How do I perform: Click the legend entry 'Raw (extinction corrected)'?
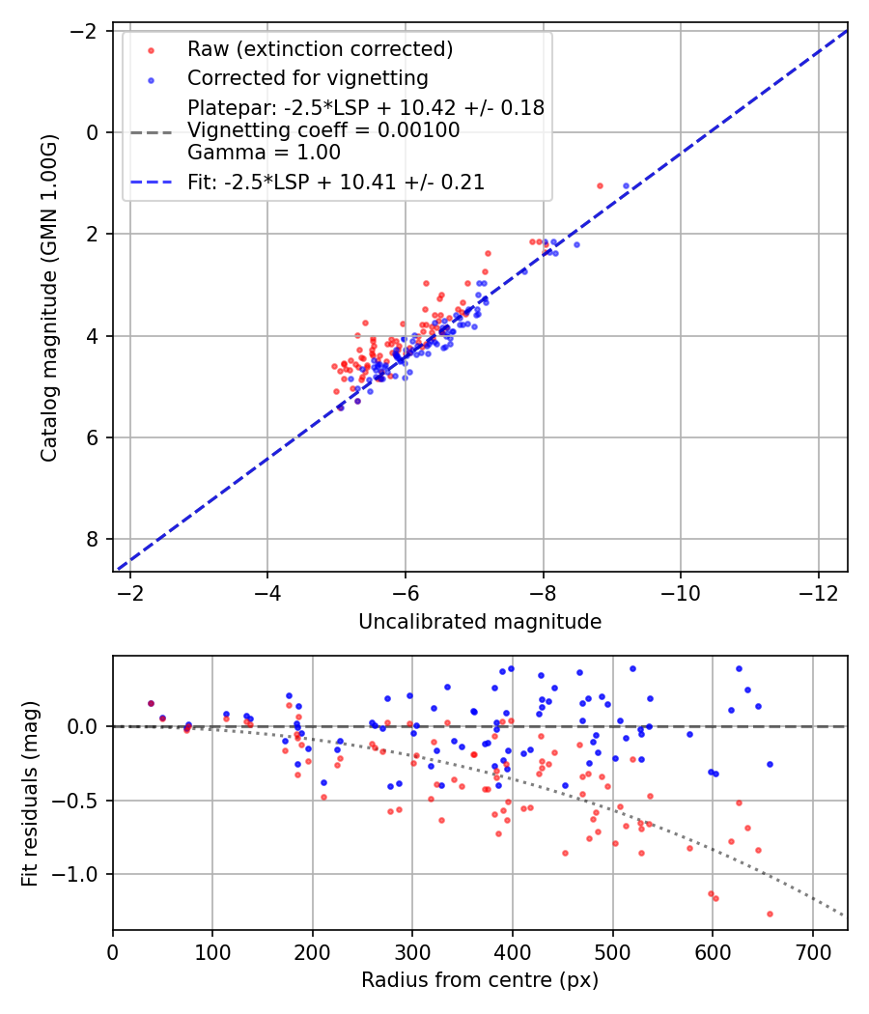(x=320, y=49)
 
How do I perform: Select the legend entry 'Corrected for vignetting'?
(x=307, y=77)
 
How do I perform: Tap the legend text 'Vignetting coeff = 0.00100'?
(x=323, y=130)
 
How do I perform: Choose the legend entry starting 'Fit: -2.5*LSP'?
(x=335, y=183)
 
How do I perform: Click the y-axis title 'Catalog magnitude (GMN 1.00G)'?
(x=49, y=297)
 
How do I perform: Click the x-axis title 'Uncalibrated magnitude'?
(x=480, y=622)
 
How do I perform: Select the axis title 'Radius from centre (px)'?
(x=480, y=980)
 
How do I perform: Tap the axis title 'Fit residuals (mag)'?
(x=30, y=793)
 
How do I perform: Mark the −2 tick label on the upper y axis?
(x=89, y=31)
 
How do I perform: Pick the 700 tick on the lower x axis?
(x=812, y=950)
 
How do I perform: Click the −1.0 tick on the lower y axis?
(x=81, y=874)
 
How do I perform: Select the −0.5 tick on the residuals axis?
(x=81, y=801)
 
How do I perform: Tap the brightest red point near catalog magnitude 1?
(x=600, y=185)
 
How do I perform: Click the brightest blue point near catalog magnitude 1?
(x=626, y=185)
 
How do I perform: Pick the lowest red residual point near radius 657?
(x=770, y=914)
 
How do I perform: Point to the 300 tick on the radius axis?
(x=412, y=950)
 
